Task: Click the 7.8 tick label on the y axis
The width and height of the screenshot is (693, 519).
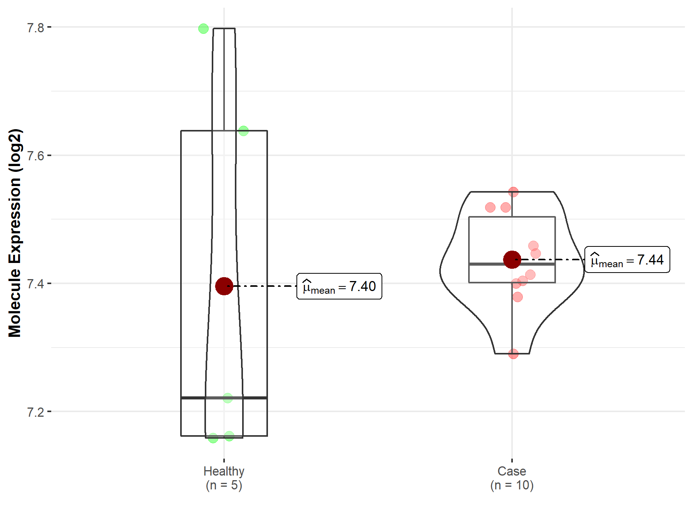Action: click(x=35, y=28)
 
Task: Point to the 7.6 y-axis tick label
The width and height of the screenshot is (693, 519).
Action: click(x=35, y=156)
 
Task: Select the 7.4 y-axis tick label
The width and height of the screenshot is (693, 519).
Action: click(x=35, y=284)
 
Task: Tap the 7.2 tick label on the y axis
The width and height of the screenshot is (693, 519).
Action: click(x=35, y=412)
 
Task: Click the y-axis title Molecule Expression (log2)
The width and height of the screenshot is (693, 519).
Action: click(x=15, y=233)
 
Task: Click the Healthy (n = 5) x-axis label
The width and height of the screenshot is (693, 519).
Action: click(x=224, y=478)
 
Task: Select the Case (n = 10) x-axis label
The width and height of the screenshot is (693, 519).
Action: click(x=512, y=478)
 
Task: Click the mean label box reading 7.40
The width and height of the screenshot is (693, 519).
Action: click(x=339, y=286)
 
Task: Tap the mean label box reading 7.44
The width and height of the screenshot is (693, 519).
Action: click(x=627, y=260)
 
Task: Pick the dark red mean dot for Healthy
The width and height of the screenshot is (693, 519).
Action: click(x=224, y=286)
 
